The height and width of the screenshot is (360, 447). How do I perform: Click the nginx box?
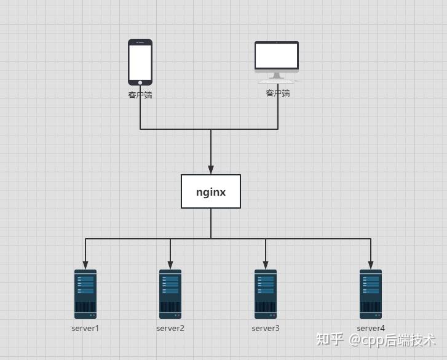[211, 191]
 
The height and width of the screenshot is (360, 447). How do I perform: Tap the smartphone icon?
[140, 62]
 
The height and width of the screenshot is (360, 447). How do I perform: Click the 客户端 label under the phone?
[140, 95]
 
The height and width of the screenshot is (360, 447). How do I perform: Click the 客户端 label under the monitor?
[278, 93]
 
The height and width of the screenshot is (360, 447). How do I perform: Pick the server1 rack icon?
[85, 294]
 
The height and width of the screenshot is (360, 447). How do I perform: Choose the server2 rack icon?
[170, 294]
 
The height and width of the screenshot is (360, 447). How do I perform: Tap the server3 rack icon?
[266, 294]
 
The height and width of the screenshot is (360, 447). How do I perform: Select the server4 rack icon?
[371, 294]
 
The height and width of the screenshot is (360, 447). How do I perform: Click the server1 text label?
[85, 328]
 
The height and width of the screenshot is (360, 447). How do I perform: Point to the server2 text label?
[170, 328]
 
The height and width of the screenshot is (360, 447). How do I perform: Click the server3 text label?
[266, 328]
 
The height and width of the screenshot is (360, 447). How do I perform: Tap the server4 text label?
[371, 328]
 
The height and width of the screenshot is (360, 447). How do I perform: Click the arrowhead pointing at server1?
[85, 265]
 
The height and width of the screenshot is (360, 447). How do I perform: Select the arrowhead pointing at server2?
[170, 265]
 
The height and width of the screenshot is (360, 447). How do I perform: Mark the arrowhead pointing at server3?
[266, 265]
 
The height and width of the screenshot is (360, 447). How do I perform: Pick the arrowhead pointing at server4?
[371, 265]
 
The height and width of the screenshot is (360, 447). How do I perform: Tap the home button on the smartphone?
[140, 82]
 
